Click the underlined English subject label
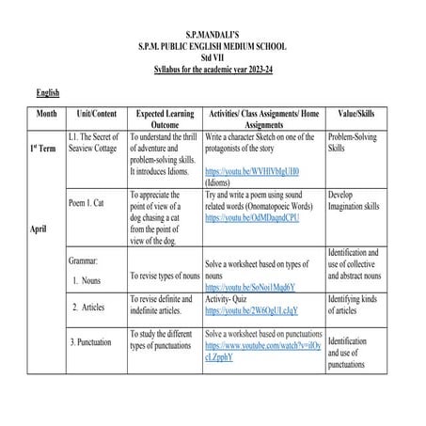(48, 93)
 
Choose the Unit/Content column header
(92, 111)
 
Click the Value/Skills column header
(355, 111)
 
